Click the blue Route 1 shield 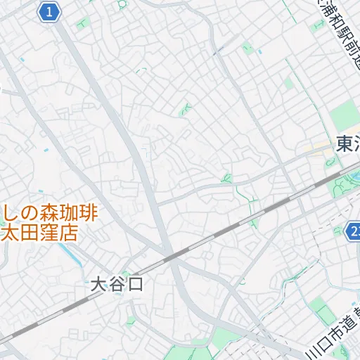click(48, 12)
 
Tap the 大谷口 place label click(117, 285)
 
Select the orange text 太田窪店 click(40, 233)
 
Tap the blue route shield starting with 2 click(354, 231)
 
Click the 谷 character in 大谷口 click(117, 285)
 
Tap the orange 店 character click(67, 233)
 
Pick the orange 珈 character click(68, 213)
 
